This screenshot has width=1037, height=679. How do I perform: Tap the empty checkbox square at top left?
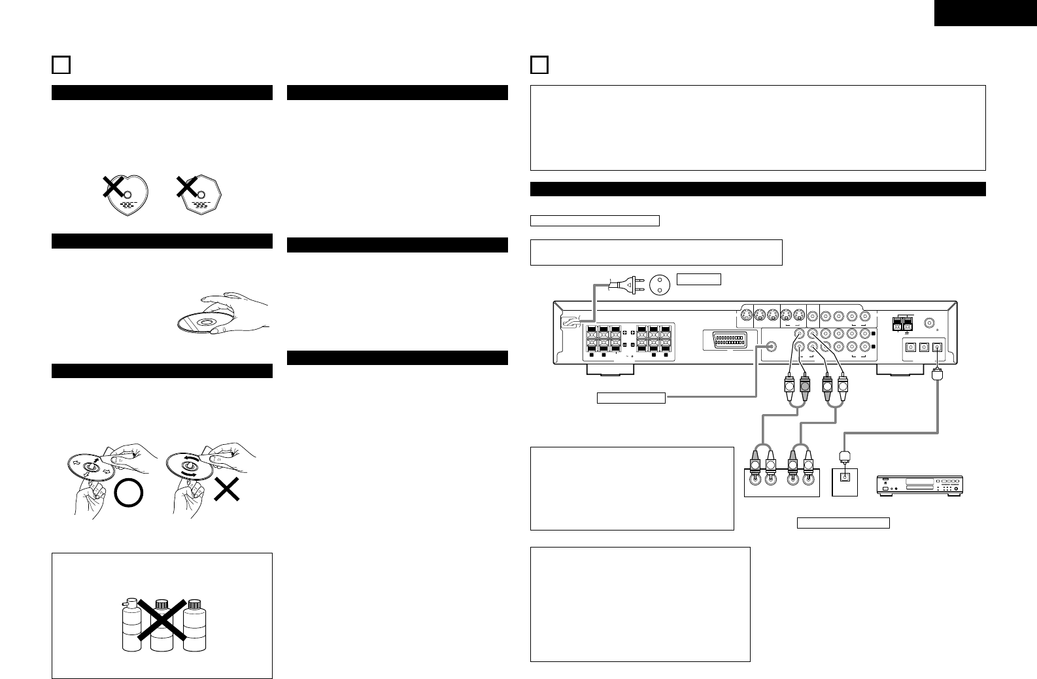coord(60,65)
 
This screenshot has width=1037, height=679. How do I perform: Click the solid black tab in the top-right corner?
coord(985,12)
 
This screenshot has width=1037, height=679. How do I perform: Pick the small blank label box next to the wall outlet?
coord(698,279)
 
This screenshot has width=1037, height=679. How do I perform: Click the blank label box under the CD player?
coord(843,523)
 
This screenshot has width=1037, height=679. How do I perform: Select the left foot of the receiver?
coord(610,370)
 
